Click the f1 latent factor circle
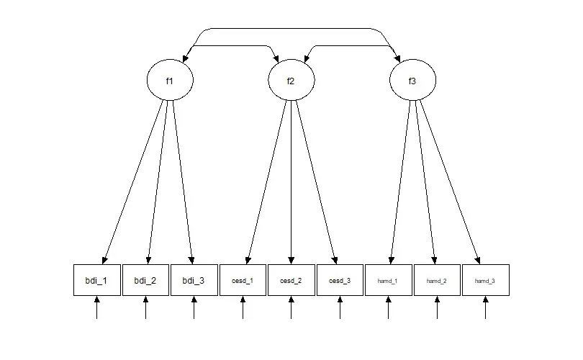[170, 81]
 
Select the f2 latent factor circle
[291, 81]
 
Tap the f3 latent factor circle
[412, 81]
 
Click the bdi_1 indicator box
[96, 280]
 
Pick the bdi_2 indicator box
[145, 280]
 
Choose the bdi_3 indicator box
[194, 280]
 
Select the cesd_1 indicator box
[243, 280]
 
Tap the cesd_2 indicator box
[291, 280]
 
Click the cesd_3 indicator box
[340, 280]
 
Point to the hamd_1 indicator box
[388, 280]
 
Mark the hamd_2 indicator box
[437, 280]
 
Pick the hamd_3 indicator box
[485, 280]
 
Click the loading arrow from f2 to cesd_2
[291, 180]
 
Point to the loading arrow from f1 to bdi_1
[134, 180]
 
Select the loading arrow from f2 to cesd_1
[267, 180]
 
